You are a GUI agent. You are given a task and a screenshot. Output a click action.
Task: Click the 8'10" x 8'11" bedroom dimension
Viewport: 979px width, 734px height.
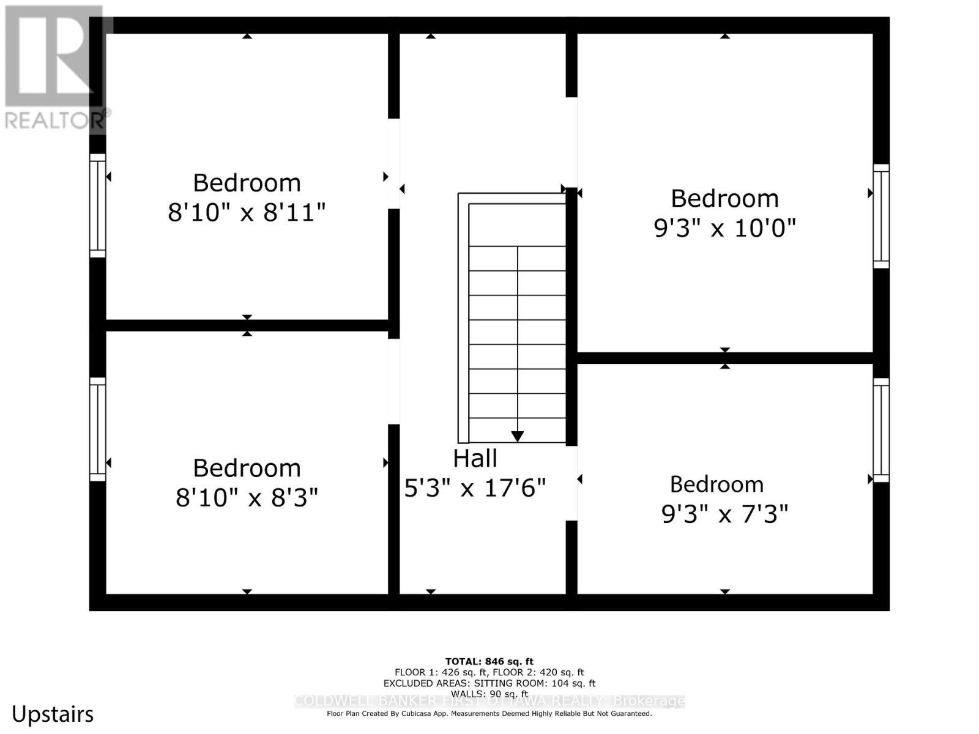pyautogui.click(x=247, y=213)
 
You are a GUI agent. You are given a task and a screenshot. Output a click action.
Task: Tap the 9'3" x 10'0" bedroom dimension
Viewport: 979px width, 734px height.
pyautogui.click(x=725, y=228)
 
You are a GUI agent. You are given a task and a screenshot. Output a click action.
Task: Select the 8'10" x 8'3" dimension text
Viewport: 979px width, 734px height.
pyautogui.click(x=247, y=498)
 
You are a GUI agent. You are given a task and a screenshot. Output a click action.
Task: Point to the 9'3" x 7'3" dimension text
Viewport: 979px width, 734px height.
pyautogui.click(x=725, y=514)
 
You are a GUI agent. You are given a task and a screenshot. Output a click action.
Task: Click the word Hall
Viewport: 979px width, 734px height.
pyautogui.click(x=475, y=458)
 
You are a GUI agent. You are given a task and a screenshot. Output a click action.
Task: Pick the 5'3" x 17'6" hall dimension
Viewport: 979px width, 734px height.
pyautogui.click(x=475, y=488)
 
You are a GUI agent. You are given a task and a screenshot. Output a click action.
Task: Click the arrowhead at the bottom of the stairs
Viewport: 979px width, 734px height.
pyautogui.click(x=518, y=437)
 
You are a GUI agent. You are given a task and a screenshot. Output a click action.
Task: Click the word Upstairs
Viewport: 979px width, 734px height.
pyautogui.click(x=53, y=714)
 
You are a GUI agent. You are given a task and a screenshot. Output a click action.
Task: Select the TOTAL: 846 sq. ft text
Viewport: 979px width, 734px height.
pyautogui.click(x=489, y=661)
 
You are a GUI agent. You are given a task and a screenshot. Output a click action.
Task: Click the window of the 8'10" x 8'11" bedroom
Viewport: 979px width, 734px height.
pyautogui.click(x=98, y=206)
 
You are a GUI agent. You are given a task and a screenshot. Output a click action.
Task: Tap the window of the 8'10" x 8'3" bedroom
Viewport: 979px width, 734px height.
pyautogui.click(x=98, y=429)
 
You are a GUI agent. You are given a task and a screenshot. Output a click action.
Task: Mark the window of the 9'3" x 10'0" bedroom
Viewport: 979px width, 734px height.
pyautogui.click(x=881, y=216)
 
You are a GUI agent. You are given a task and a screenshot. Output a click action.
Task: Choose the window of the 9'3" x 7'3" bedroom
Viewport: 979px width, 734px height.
pyautogui.click(x=881, y=430)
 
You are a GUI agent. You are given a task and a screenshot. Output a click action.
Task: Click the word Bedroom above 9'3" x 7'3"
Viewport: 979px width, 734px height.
pyautogui.click(x=717, y=484)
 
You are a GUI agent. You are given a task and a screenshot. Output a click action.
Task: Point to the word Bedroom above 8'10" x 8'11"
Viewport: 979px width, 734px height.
pyautogui.click(x=247, y=183)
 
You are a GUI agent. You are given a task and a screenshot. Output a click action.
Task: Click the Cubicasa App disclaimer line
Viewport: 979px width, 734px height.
pyautogui.click(x=489, y=713)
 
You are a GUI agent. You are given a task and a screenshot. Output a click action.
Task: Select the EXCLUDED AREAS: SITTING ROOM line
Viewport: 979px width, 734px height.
pyautogui.click(x=489, y=683)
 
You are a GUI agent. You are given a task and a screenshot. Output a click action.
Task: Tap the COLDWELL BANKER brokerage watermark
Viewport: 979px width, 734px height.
pyautogui.click(x=489, y=701)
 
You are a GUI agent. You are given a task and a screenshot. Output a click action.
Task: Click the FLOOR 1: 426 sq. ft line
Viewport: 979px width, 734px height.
pyautogui.click(x=489, y=672)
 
